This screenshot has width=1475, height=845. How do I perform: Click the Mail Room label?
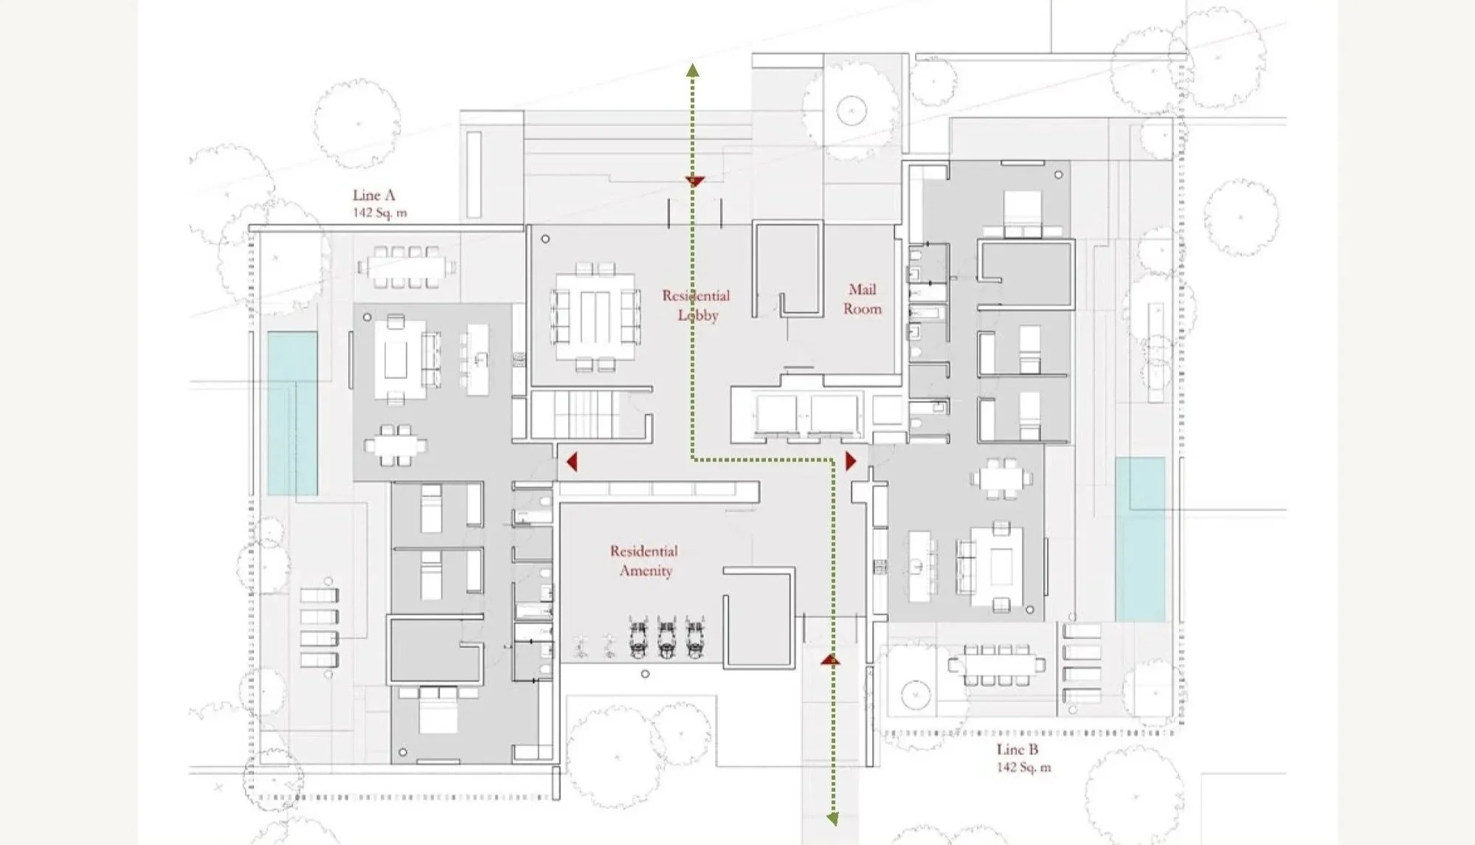coord(862,299)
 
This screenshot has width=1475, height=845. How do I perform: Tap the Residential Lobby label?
coord(696,305)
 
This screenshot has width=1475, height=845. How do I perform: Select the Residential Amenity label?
coord(644,561)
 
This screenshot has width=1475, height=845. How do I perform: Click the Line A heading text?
coord(373,195)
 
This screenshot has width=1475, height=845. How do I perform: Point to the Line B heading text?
coord(1018,749)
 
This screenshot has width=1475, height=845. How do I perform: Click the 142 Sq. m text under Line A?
coord(379,213)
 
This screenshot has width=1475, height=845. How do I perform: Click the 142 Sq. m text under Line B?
coord(1023,767)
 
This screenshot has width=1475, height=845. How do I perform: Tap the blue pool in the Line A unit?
coord(292,413)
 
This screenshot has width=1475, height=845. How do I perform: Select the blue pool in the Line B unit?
coord(1140,539)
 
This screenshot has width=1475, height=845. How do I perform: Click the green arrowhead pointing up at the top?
coord(692,71)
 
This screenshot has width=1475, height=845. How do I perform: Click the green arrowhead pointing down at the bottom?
coord(833,818)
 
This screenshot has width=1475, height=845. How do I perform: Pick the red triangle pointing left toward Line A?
coord(571,462)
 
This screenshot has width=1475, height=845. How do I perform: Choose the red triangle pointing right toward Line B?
coord(851,461)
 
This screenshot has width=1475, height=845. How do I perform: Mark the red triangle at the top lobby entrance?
coord(694,181)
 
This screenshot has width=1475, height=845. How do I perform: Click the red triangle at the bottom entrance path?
coord(830,659)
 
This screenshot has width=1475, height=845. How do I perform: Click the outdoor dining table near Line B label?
coord(996,666)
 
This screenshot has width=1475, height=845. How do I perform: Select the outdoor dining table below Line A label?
coord(406,267)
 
